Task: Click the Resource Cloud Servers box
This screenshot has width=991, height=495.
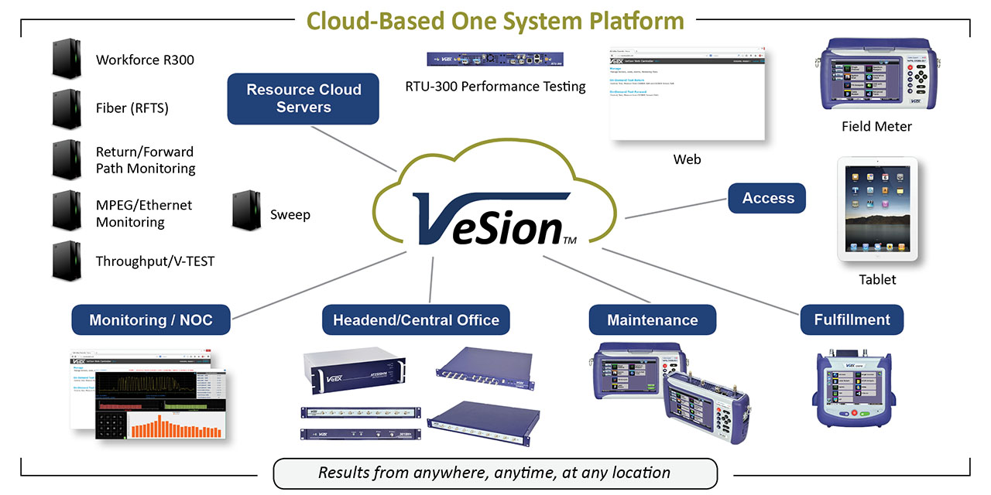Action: click(x=303, y=98)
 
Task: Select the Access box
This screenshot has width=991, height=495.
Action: click(x=766, y=198)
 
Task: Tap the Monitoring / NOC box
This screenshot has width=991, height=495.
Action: click(x=150, y=319)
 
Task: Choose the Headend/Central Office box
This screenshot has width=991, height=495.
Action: click(x=416, y=319)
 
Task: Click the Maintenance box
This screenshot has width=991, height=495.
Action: click(x=652, y=319)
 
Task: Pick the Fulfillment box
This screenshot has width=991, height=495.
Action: click(x=852, y=319)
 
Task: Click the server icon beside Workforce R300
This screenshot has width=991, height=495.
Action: click(x=67, y=59)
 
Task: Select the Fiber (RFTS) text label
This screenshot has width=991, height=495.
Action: click(x=132, y=108)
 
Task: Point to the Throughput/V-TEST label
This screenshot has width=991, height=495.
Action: click(x=155, y=261)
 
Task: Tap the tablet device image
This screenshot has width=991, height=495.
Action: click(x=877, y=210)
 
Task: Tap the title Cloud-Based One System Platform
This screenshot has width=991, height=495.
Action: click(x=495, y=20)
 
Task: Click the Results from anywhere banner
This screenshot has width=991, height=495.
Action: click(x=495, y=472)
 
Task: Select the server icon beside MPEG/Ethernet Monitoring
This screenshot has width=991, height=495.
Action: click(x=67, y=210)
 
